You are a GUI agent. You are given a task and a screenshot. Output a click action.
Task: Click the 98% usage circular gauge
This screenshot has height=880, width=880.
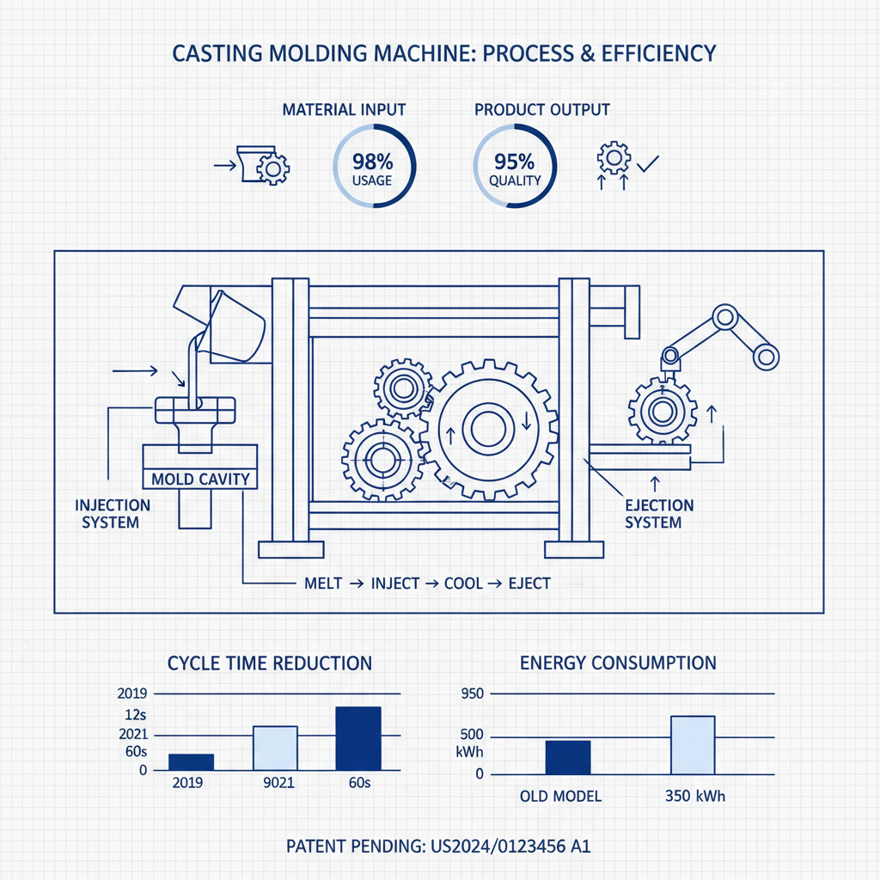click(373, 167)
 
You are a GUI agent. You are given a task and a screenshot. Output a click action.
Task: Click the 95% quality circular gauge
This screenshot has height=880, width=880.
click(515, 167)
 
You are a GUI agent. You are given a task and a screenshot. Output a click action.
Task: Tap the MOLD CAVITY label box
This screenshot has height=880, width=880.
click(199, 479)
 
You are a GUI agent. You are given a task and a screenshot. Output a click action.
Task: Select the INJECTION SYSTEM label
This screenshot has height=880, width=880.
click(113, 513)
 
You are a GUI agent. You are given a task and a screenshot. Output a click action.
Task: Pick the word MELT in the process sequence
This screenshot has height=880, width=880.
click(323, 583)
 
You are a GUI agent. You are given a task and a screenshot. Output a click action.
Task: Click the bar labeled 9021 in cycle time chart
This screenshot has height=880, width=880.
click(275, 748)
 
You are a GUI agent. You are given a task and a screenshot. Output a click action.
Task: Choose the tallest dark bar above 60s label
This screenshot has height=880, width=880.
click(357, 738)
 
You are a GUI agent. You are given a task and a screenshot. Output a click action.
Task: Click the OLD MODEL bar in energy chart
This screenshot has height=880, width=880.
click(568, 756)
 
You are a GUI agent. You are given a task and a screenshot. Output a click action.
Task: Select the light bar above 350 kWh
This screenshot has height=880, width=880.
click(693, 744)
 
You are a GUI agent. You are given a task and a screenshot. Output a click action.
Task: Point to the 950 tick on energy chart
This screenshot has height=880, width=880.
click(474, 694)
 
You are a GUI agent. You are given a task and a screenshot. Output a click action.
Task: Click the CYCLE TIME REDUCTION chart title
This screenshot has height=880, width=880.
click(269, 663)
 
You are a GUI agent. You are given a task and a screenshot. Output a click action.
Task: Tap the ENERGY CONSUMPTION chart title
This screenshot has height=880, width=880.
click(617, 663)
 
